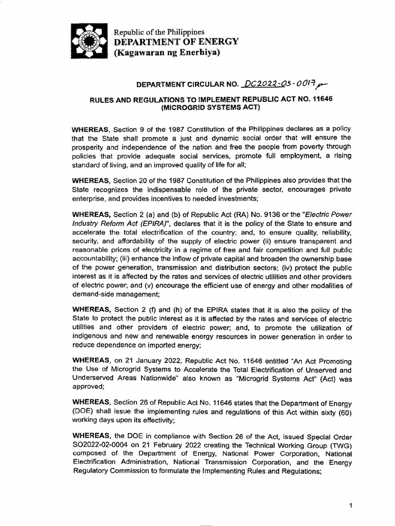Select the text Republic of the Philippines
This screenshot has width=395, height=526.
coord(159,32)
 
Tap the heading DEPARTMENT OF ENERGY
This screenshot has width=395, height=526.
coord(176,42)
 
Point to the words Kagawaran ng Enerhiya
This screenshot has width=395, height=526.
coord(167,52)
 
